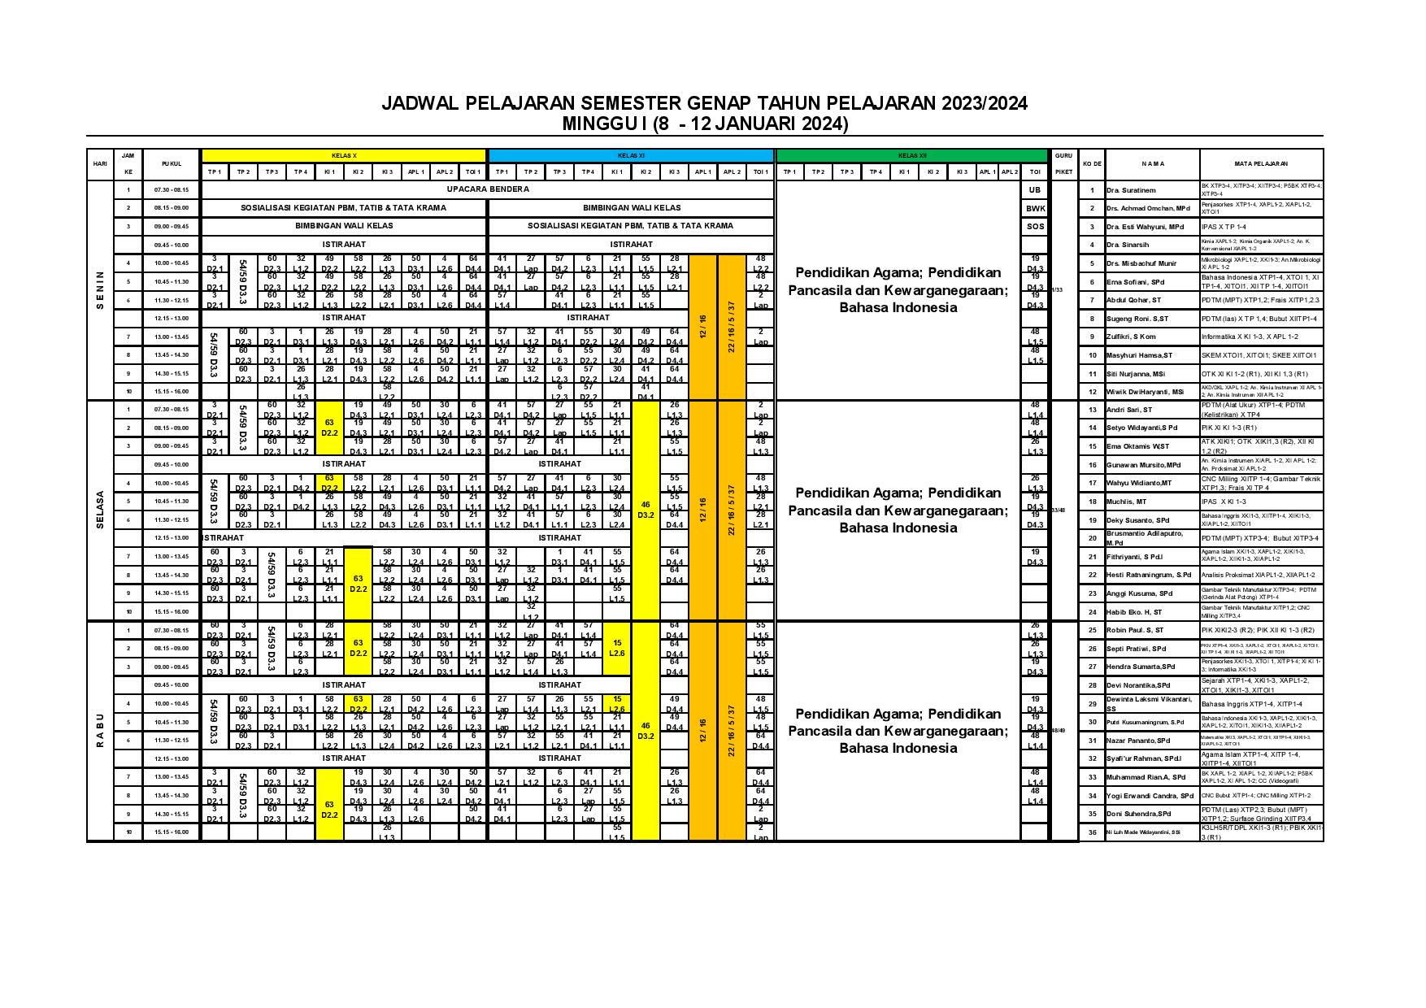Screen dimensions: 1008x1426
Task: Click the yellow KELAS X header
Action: (343, 155)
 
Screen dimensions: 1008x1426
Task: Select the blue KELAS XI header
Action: (630, 155)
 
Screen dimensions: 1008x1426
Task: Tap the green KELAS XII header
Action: (911, 155)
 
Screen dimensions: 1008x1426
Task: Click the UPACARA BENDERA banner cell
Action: (487, 189)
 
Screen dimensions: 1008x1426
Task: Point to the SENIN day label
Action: (100, 290)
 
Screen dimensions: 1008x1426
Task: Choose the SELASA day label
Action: (100, 510)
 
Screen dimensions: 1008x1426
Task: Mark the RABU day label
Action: (100, 731)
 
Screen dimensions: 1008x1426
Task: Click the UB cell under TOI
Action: (1034, 189)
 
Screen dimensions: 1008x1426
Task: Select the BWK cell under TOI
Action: (1034, 208)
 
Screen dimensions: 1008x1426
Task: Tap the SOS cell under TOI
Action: (1034, 226)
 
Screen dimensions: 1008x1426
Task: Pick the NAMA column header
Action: (1152, 163)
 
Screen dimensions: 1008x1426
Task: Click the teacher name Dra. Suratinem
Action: (1131, 190)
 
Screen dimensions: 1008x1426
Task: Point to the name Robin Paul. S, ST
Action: (1136, 630)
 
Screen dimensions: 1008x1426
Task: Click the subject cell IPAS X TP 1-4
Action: (1235, 227)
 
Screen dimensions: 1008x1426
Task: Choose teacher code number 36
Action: (1093, 832)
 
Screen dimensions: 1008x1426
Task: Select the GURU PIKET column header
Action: (1063, 163)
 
